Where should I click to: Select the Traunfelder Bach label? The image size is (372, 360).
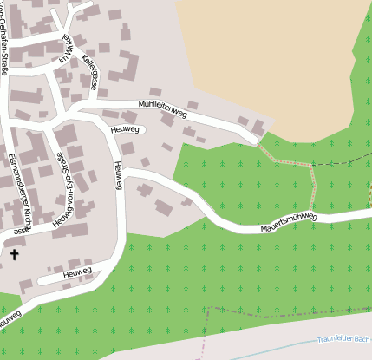click(343, 339)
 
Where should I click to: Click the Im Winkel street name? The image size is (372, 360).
click(65, 50)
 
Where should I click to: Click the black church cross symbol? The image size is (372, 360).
click(13, 255)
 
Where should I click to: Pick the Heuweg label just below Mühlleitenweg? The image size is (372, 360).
click(126, 129)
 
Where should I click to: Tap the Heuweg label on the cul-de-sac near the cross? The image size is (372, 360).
click(76, 273)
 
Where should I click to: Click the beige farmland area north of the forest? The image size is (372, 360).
click(269, 52)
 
